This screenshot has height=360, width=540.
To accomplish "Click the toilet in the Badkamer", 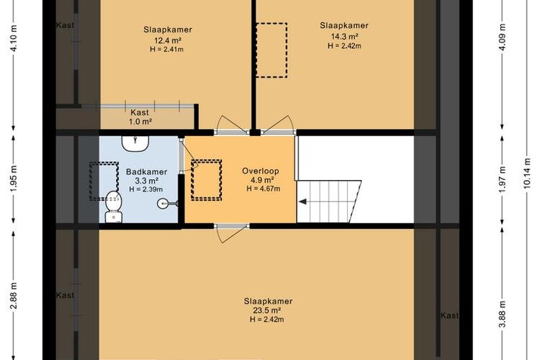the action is pyautogui.click(x=113, y=207).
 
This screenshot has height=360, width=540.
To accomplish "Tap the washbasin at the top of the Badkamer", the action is pyautogui.click(x=135, y=143).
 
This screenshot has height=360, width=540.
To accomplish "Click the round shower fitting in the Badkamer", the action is pyautogui.click(x=163, y=204).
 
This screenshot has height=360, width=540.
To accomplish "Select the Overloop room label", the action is pyautogui.click(x=261, y=171).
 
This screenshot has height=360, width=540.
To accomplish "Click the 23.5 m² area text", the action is pyautogui.click(x=269, y=310).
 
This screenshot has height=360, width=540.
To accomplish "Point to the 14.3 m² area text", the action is pyautogui.click(x=344, y=36).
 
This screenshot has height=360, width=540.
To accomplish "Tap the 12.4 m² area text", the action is pyautogui.click(x=168, y=40).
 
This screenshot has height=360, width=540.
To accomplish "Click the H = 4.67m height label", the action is pyautogui.click(x=263, y=189).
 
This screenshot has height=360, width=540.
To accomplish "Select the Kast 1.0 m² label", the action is pyautogui.click(x=140, y=117).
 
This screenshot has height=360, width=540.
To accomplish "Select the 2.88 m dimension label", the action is pyautogui.click(x=14, y=296).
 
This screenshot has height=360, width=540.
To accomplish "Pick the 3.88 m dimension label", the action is pyautogui.click(x=503, y=314).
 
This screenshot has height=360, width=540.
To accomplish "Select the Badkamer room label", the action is pyautogui.click(x=146, y=171).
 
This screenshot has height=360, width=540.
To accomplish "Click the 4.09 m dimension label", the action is pyautogui.click(x=503, y=37).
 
